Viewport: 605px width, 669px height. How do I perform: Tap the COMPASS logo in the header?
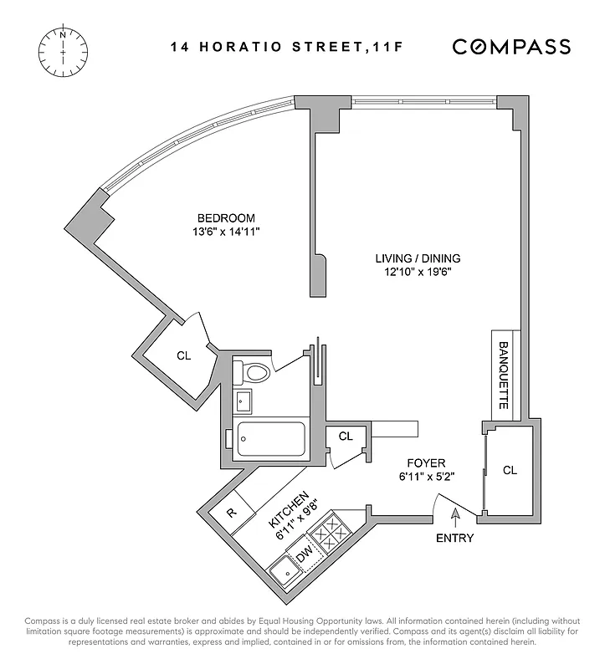(511, 47)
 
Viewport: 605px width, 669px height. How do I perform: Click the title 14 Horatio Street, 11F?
(288, 48)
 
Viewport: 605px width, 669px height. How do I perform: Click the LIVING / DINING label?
(418, 258)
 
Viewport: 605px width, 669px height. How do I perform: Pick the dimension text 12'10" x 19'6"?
(418, 272)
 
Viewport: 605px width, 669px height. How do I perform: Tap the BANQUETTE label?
(505, 375)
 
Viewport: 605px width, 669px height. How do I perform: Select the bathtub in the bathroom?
(270, 439)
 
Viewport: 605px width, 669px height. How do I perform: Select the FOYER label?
(426, 462)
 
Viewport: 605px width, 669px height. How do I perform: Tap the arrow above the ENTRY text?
(454, 518)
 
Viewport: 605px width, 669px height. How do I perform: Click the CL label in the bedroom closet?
(183, 355)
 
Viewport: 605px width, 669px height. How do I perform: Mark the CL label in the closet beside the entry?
(510, 470)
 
